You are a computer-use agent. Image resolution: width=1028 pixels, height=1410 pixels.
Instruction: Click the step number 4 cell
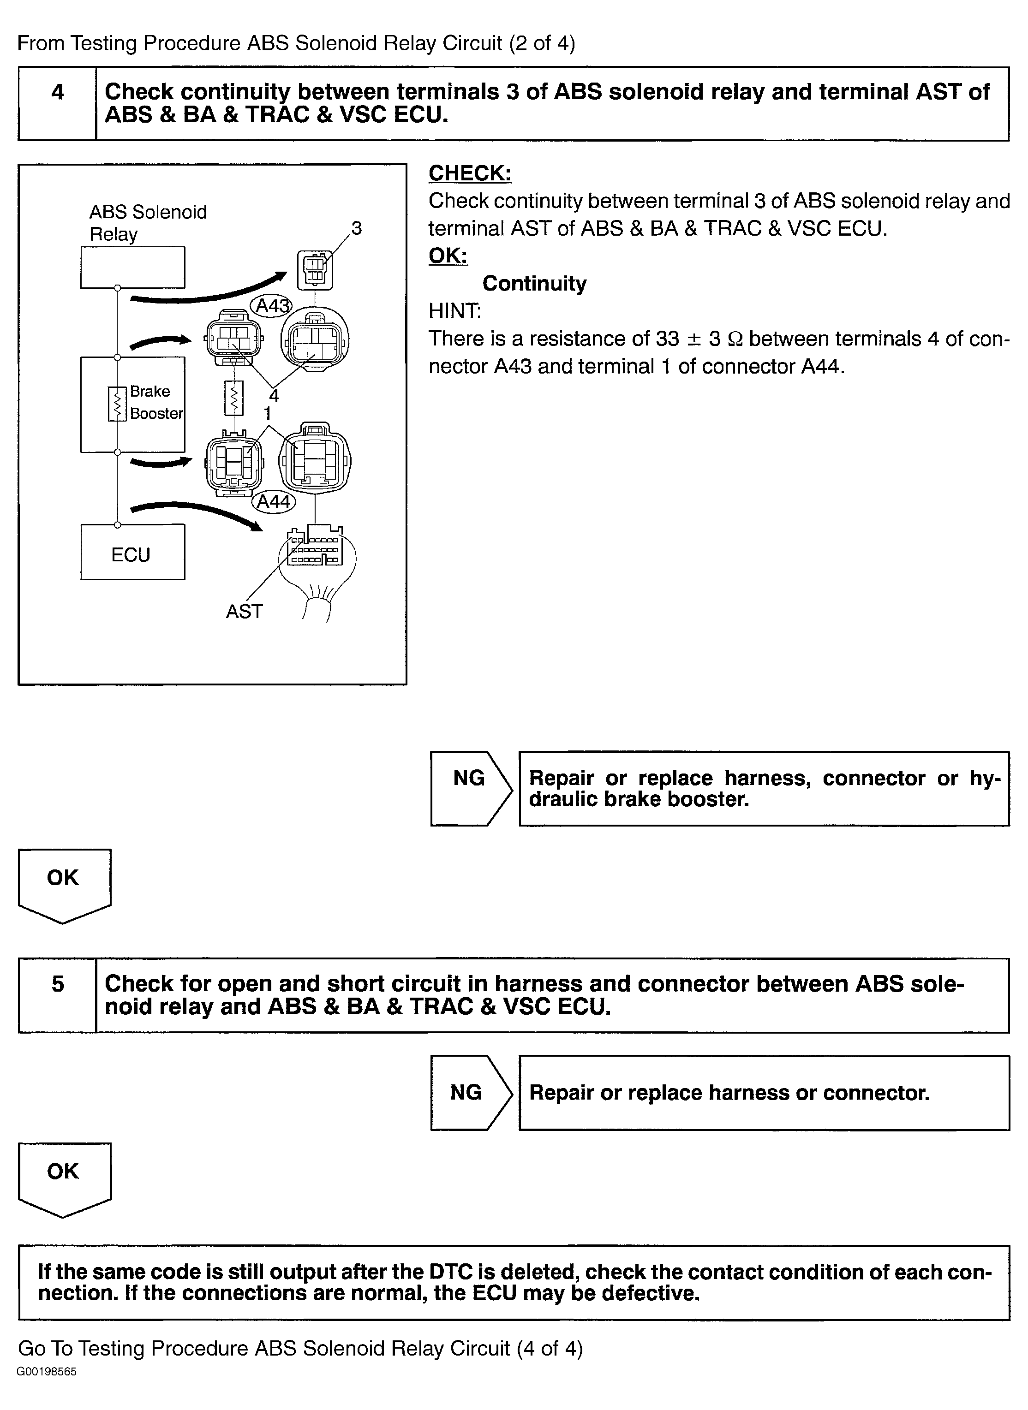(57, 104)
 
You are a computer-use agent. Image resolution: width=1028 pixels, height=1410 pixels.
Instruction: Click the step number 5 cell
(57, 995)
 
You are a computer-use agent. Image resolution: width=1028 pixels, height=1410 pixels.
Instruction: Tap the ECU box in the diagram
(132, 552)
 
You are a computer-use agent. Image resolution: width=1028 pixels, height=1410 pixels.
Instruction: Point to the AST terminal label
(244, 612)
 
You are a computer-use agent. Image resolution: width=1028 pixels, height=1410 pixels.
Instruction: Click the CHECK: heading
(470, 173)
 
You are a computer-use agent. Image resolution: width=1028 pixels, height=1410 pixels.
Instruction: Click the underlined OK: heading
(448, 256)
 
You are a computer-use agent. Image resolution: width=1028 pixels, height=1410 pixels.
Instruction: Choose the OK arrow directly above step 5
(65, 886)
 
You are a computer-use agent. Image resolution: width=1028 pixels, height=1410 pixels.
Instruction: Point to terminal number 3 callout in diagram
(356, 228)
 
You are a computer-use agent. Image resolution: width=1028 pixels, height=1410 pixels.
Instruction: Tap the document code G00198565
(47, 1389)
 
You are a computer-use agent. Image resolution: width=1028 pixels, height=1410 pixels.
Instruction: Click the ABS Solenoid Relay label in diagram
(148, 223)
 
